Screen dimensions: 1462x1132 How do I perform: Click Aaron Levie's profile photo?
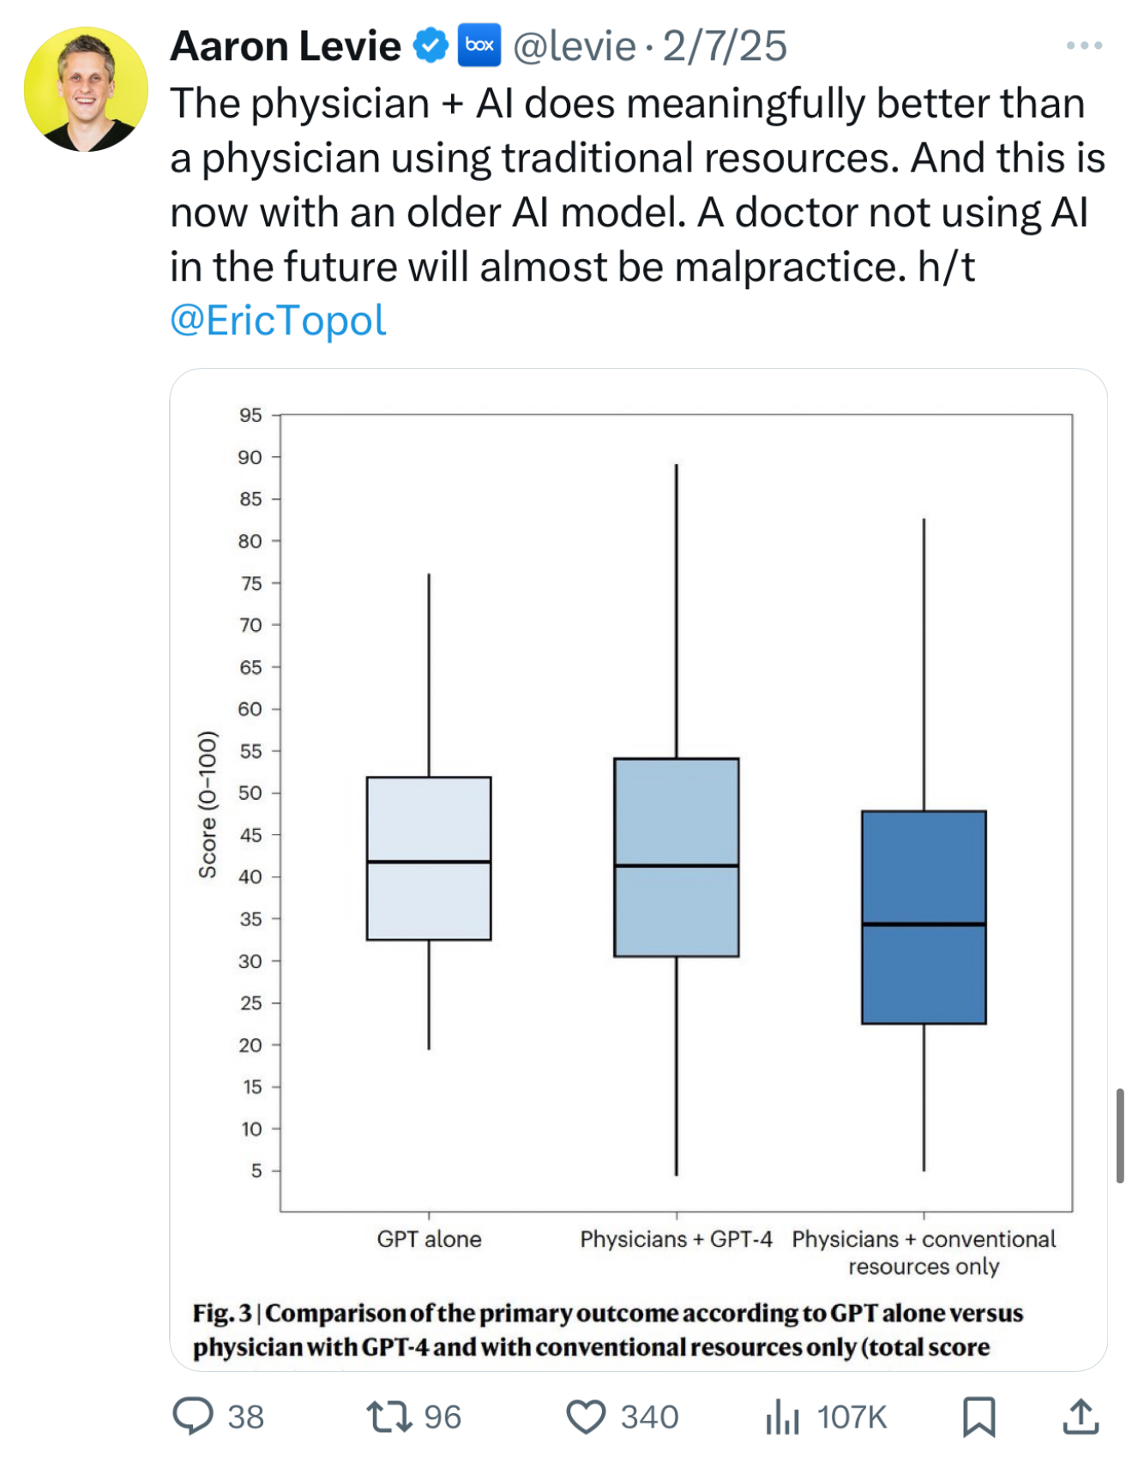click(x=86, y=89)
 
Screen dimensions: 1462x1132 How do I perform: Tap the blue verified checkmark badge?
click(x=431, y=45)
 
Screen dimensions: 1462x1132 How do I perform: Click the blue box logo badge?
click(x=479, y=45)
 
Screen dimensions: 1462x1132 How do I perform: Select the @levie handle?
click(x=574, y=46)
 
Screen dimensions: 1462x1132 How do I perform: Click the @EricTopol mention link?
click(x=278, y=321)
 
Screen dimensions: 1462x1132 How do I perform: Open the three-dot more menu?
click(x=1084, y=45)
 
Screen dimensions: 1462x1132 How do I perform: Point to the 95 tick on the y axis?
click(x=250, y=415)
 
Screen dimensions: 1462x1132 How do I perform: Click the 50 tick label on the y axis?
click(x=250, y=793)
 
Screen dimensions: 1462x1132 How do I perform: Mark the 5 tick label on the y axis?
click(x=256, y=1170)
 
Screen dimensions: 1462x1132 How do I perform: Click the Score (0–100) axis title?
click(x=208, y=804)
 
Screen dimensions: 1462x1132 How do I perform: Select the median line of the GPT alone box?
click(x=429, y=862)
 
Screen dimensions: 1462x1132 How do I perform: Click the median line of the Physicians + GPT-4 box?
click(x=677, y=866)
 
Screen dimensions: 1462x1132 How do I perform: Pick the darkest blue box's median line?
click(x=924, y=924)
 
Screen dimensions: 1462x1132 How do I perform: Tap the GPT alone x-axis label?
click(x=429, y=1239)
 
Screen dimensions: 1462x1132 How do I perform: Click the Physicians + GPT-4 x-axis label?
click(x=676, y=1239)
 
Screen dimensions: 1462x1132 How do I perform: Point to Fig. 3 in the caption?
click(x=222, y=1313)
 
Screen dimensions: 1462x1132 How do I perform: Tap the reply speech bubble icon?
click(x=193, y=1416)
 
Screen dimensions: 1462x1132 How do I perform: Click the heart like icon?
click(x=587, y=1417)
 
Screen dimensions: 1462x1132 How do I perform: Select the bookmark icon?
click(x=978, y=1417)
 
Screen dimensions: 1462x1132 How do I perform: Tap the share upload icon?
click(x=1081, y=1417)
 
